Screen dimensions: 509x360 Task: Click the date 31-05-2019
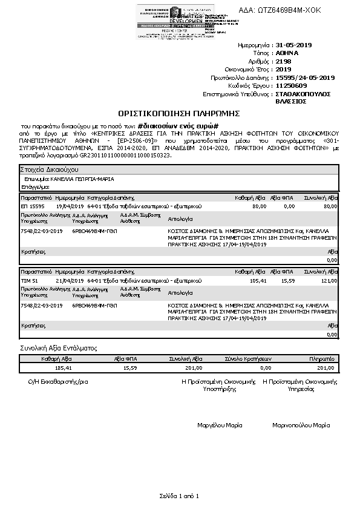pos(293,45)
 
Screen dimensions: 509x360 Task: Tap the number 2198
pos(283,61)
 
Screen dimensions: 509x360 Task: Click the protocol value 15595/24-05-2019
pos(304,77)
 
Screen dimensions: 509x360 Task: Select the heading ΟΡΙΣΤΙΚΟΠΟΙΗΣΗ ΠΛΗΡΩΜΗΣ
pos(180,113)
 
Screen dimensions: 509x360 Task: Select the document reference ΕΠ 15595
pos(33,206)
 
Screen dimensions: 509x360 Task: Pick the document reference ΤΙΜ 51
pos(30,281)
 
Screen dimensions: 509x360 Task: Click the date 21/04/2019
pos(68,281)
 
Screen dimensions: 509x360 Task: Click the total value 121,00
pos(329,281)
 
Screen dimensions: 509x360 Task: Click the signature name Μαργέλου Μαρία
pos(220,425)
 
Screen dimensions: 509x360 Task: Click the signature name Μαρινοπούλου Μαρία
pos(301,425)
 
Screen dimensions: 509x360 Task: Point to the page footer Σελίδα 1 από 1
pos(180,496)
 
